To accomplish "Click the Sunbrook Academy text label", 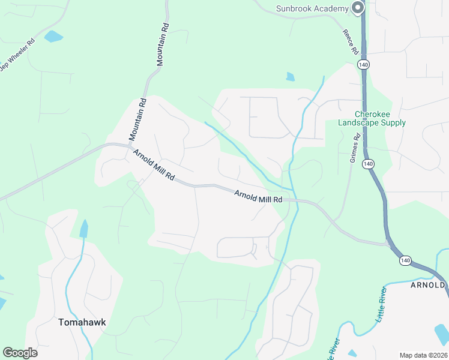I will coord(312,8).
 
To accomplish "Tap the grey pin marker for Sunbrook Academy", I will coord(358,8).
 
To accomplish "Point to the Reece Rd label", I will coord(350,41).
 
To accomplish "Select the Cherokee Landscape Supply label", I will coord(372,118).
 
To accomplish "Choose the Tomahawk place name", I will coord(82,322).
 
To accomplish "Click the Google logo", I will coord(20,353).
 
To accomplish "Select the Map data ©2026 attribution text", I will coord(423,355).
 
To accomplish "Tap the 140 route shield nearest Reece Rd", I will coord(362,64).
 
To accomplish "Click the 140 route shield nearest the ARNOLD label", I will coord(406,260).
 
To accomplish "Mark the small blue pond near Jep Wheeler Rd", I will coord(53,36).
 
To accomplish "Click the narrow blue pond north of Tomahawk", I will coord(83,229).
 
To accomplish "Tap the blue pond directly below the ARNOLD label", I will coord(442,331).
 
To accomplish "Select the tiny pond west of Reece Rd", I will coord(291,76).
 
